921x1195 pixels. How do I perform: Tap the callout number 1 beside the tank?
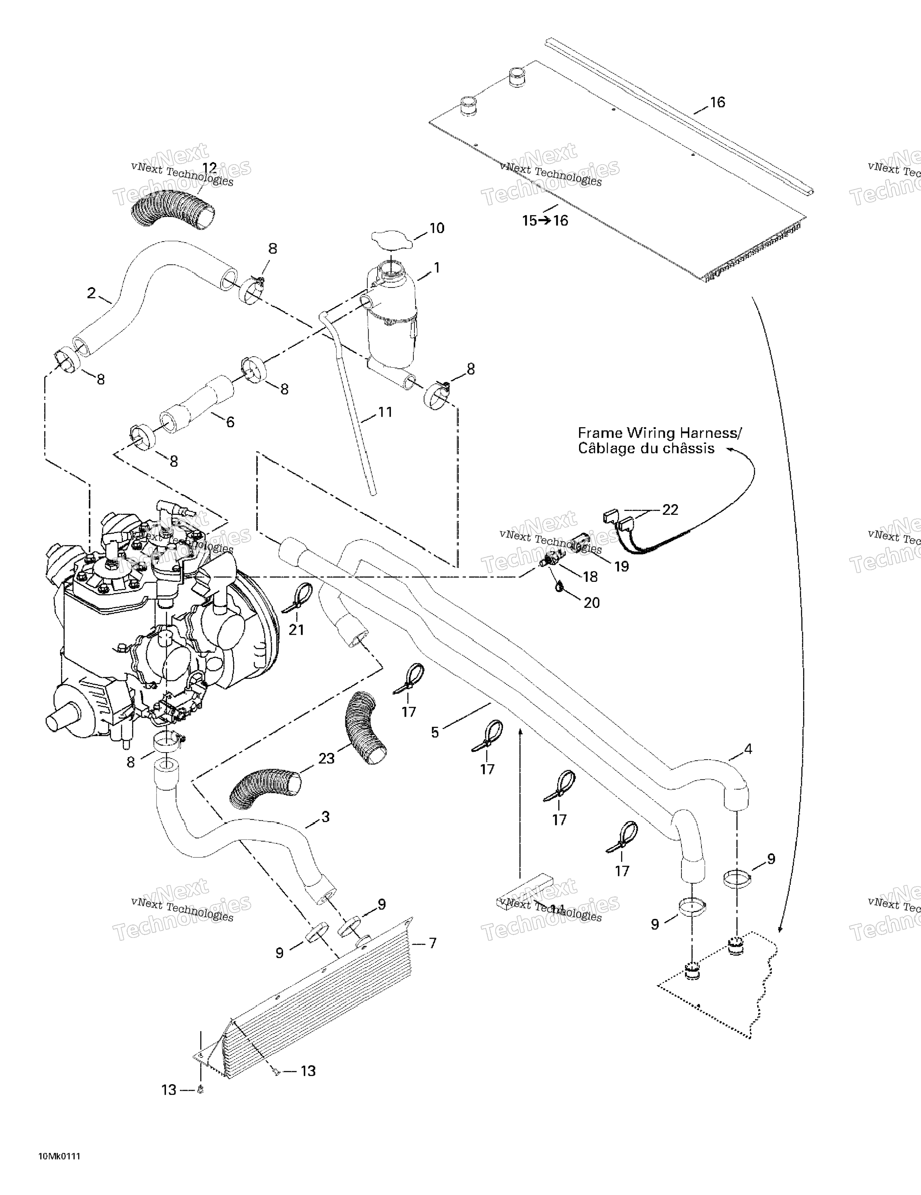tap(436, 268)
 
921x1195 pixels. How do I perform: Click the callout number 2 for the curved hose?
tap(92, 293)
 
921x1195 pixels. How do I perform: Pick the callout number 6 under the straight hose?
tap(230, 422)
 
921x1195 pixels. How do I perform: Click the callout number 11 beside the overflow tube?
tap(386, 411)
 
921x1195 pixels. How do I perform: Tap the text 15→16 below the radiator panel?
tap(545, 221)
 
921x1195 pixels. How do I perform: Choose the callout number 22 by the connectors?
tap(670, 510)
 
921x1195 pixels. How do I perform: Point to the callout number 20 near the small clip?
tap(591, 602)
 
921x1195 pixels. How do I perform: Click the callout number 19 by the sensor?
tap(622, 566)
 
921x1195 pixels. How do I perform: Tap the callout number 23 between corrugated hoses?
tap(326, 759)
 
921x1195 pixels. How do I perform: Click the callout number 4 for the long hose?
tap(748, 749)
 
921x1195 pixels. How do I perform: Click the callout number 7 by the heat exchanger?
tap(432, 943)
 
